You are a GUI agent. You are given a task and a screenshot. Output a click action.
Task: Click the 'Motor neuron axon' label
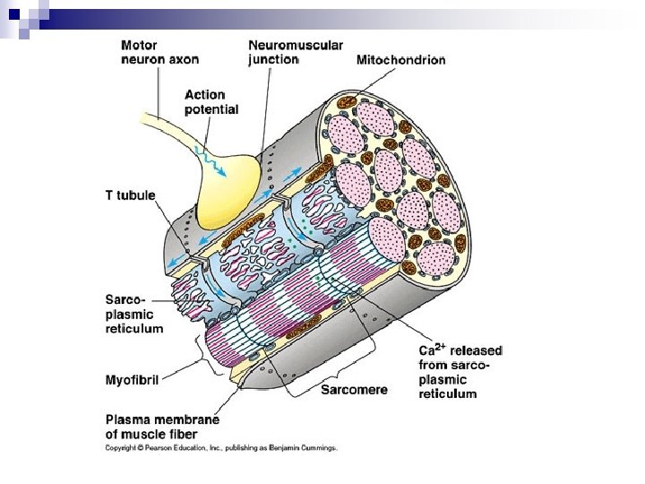[x=159, y=52]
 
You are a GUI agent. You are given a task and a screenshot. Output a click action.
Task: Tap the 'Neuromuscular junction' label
[x=295, y=52]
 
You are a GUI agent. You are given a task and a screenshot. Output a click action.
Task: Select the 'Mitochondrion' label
[x=400, y=60]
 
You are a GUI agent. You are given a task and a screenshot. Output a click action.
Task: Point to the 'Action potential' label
[x=211, y=101]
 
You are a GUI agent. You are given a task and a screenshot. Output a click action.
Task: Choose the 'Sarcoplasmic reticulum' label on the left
[x=134, y=315]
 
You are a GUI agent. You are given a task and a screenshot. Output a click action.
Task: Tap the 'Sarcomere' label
[x=356, y=390]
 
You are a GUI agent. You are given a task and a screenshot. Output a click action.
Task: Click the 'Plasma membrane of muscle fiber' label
[x=162, y=427]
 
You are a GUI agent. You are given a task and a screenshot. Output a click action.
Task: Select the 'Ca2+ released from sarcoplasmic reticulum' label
[x=460, y=371]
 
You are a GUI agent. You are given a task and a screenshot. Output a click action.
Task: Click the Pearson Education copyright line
[x=220, y=446]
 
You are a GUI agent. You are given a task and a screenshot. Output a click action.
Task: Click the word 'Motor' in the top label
[x=140, y=45]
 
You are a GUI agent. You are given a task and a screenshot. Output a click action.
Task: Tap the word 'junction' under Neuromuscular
[x=272, y=59]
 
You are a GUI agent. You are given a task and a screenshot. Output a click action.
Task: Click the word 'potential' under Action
[x=211, y=109]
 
